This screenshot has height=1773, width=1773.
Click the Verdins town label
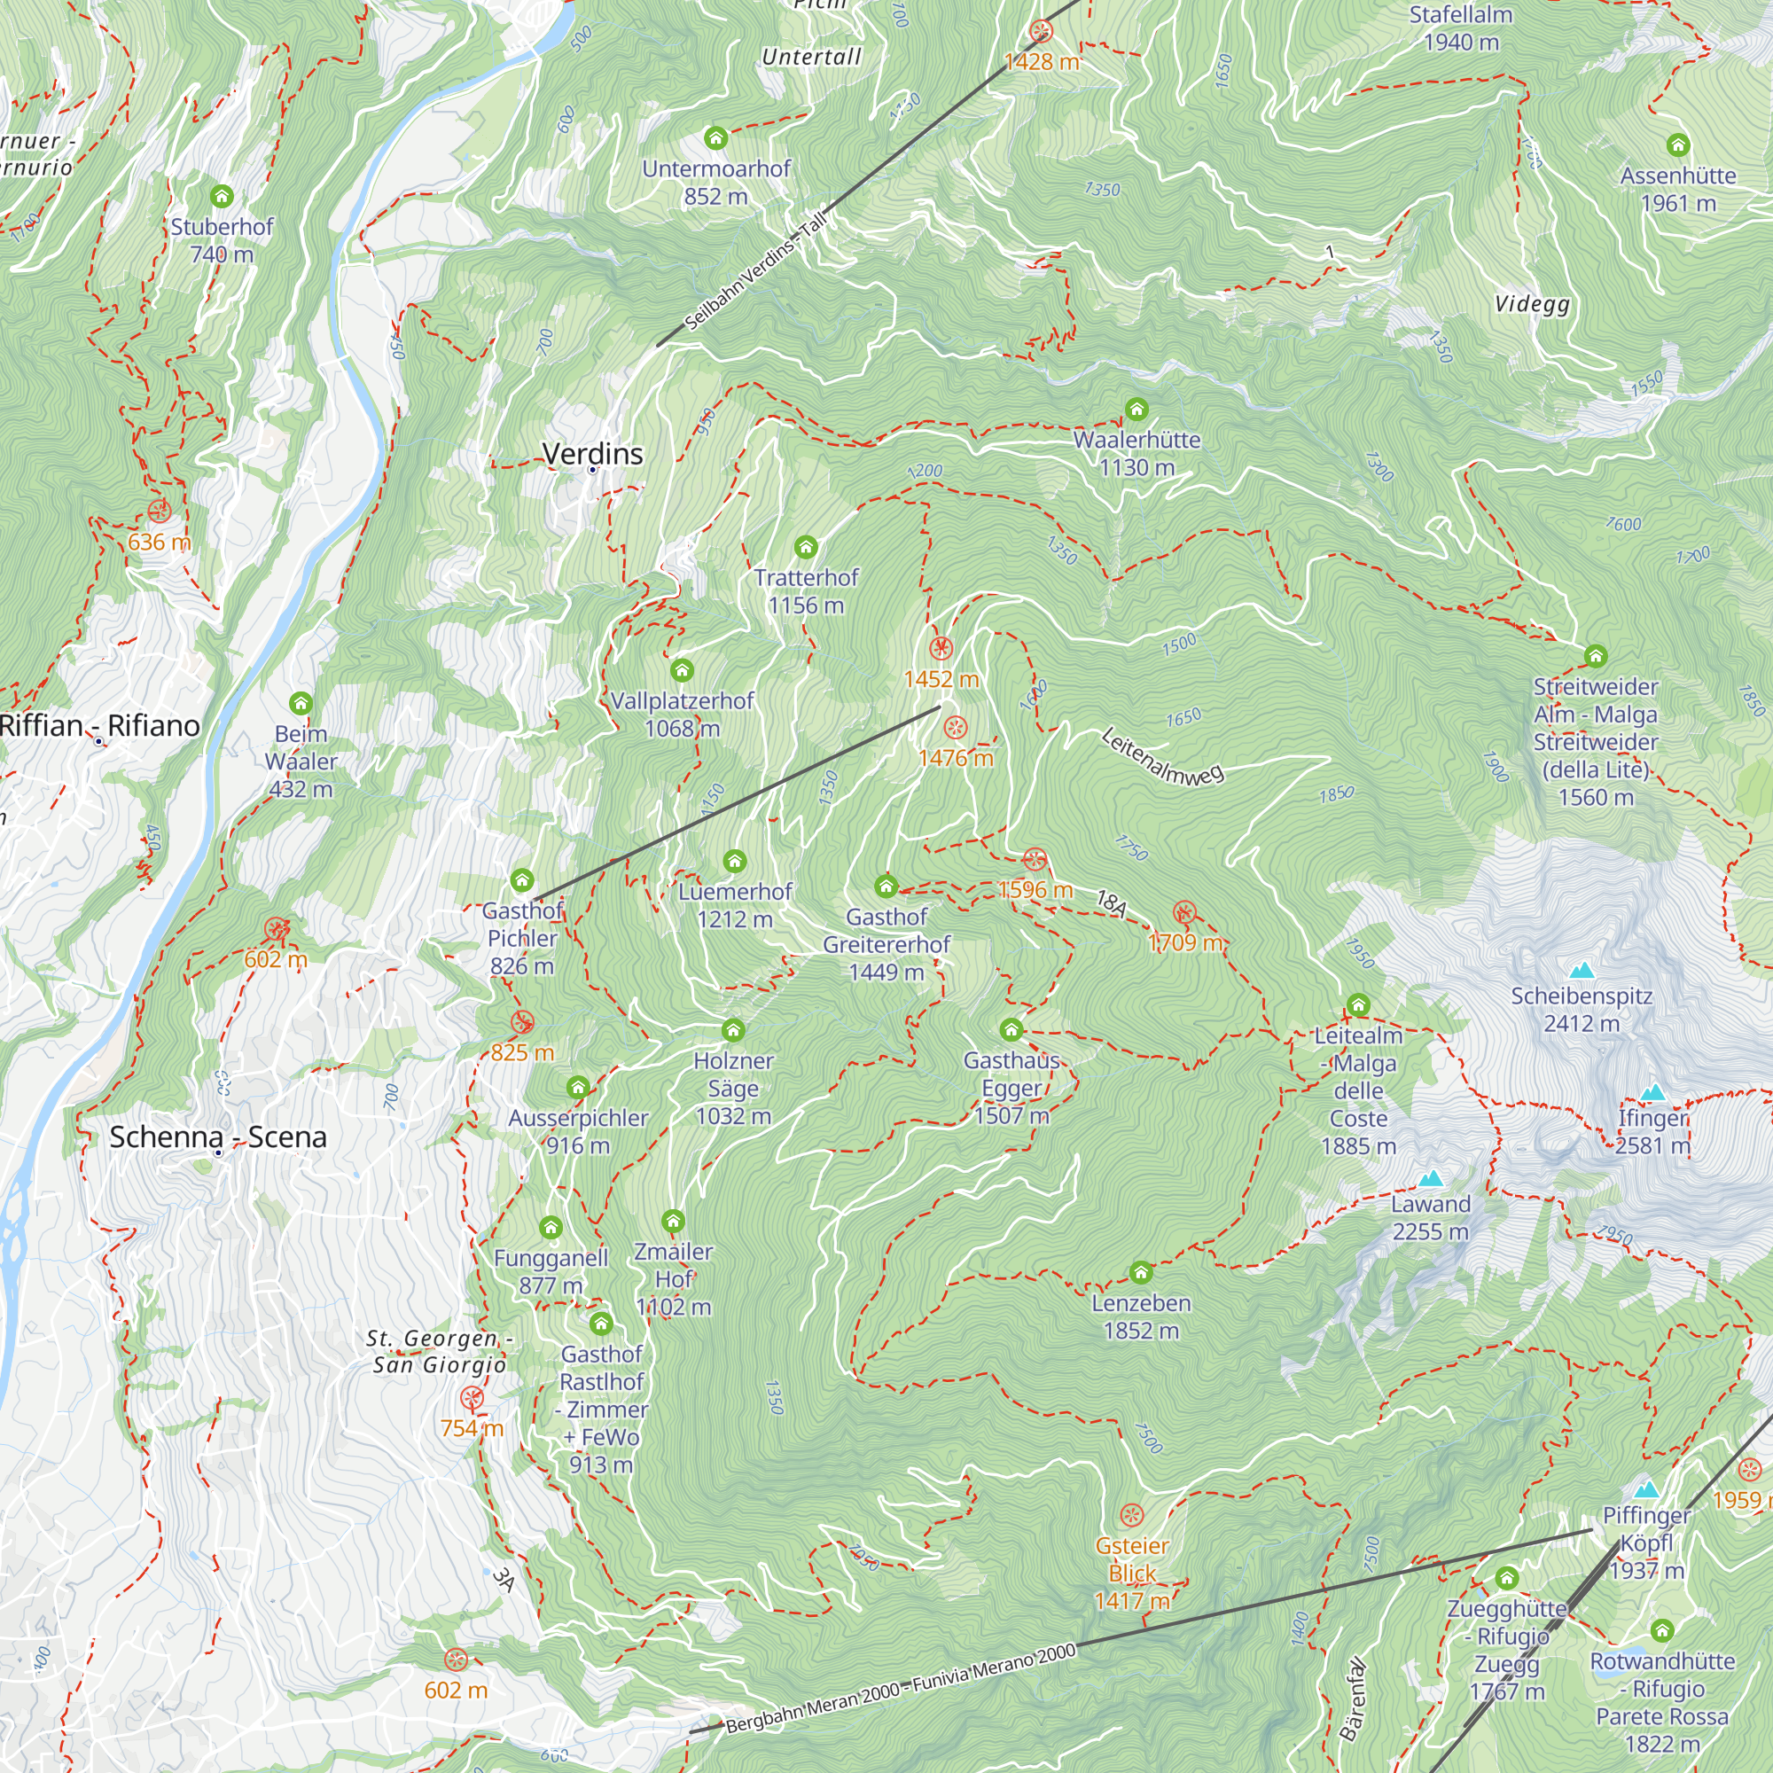[592, 453]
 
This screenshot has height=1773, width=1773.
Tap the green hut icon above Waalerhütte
[1136, 410]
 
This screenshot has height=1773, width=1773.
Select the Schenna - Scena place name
[217, 1137]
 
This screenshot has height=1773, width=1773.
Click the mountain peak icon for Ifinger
[1652, 1092]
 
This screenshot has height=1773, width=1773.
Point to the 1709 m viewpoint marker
[1183, 912]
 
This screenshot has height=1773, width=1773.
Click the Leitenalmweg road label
[1162, 756]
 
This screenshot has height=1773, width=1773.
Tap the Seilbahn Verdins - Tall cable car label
[755, 269]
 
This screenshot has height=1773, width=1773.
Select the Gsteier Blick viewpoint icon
[1131, 1514]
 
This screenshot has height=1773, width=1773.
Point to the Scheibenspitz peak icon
[1582, 970]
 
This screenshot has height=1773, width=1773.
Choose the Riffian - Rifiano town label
[99, 726]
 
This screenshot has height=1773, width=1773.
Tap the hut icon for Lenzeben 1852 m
[1141, 1272]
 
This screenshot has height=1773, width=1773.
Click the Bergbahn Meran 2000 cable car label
[899, 1690]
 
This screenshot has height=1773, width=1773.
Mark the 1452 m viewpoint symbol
[941, 649]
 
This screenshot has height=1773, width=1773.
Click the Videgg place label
[1532, 304]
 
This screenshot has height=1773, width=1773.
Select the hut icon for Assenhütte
[1677, 145]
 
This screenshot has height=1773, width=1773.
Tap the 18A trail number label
[1112, 904]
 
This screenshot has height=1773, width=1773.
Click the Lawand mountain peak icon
[1430, 1178]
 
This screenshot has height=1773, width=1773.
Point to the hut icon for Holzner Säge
[732, 1029]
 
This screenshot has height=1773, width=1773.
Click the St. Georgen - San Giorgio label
[439, 1352]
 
